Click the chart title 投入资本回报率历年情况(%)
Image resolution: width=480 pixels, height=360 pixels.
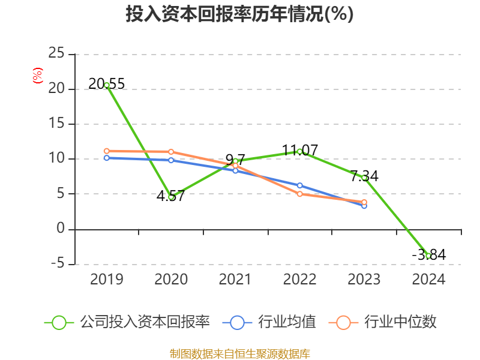tap(239, 14)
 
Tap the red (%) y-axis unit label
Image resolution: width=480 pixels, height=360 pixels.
tap(38, 76)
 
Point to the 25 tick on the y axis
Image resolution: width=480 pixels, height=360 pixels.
tap(56, 54)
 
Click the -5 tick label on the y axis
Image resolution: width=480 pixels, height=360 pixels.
tap(57, 264)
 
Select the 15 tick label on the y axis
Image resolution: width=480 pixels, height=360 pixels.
tap(56, 124)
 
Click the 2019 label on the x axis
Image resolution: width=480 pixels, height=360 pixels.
tap(106, 280)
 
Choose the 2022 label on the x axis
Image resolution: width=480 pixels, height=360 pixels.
tap(299, 280)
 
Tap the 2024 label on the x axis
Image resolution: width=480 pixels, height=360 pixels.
tap(428, 280)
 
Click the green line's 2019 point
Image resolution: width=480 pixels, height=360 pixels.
tap(107, 85)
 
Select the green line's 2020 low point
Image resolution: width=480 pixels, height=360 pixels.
tap(171, 197)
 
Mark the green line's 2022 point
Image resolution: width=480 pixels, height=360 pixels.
tap(299, 151)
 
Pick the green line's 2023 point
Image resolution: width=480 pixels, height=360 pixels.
tap(364, 178)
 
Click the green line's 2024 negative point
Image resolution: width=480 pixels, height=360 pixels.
tap(428, 256)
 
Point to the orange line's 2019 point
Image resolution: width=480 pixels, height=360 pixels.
tap(107, 151)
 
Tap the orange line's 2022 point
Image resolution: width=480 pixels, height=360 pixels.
tap(299, 194)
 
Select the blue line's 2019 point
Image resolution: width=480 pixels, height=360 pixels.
tap(107, 158)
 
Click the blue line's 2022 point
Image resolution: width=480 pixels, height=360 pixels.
tap(299, 185)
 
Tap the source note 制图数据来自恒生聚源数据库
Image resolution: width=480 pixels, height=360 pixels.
tap(239, 353)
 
